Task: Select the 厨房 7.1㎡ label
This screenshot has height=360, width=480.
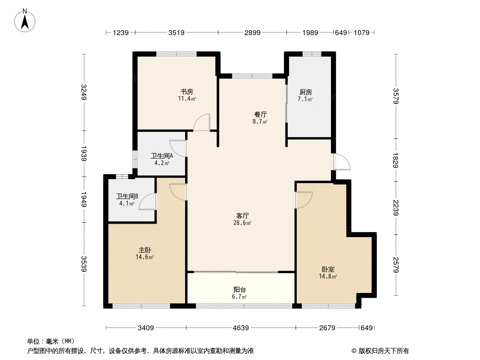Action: coord(305,95)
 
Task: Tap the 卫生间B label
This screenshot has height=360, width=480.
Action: coord(127,200)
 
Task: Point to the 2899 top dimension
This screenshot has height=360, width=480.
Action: coord(252,32)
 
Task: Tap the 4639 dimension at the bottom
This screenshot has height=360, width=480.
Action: coord(240,328)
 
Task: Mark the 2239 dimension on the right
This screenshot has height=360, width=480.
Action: coord(396,207)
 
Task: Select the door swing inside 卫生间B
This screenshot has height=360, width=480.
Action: coord(148,202)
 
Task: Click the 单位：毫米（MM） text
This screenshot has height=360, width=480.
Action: coord(51,341)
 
